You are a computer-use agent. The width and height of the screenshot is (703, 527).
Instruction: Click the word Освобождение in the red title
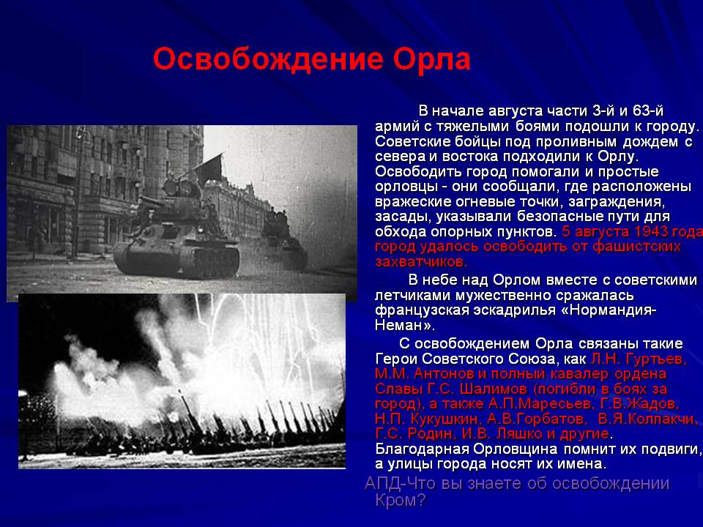268,59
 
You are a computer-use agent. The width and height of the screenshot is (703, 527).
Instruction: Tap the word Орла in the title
432,59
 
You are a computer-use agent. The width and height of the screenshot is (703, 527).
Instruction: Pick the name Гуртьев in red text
655,359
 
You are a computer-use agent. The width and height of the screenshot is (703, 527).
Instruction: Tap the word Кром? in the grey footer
400,500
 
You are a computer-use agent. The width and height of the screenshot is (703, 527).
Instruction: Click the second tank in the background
284,242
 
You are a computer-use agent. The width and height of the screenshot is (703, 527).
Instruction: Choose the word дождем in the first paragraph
650,141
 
